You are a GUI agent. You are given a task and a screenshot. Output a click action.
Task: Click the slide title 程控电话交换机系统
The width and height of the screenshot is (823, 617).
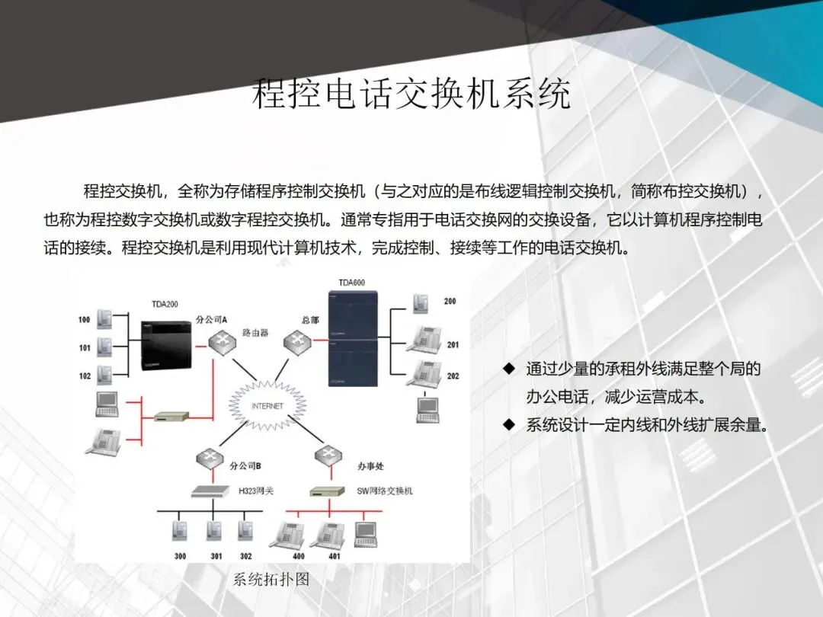click(x=411, y=94)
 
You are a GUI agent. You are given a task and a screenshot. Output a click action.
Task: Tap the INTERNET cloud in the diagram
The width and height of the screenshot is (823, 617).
click(x=267, y=406)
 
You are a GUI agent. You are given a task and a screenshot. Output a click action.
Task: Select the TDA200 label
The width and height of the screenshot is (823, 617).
click(x=165, y=305)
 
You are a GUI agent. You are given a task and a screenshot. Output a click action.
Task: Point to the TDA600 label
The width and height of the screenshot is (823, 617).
click(x=352, y=283)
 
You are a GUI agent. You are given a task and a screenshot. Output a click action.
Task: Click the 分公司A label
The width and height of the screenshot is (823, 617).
click(x=212, y=320)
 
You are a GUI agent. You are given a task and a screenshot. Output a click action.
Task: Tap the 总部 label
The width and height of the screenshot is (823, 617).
click(x=309, y=320)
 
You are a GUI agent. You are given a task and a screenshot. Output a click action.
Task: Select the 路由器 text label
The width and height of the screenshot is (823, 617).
click(x=255, y=333)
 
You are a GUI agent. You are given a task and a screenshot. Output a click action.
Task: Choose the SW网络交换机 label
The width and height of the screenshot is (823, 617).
click(x=385, y=491)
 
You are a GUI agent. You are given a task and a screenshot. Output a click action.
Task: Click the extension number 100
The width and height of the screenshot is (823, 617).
click(x=84, y=320)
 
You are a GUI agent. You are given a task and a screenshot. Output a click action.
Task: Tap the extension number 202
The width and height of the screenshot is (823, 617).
click(x=453, y=376)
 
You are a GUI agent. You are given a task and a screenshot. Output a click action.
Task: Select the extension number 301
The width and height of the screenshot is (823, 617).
click(x=216, y=556)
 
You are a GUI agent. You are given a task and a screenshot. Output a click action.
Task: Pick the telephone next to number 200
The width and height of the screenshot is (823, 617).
click(x=421, y=302)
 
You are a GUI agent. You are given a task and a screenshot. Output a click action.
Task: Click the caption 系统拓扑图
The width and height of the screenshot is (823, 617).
click(x=271, y=580)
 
